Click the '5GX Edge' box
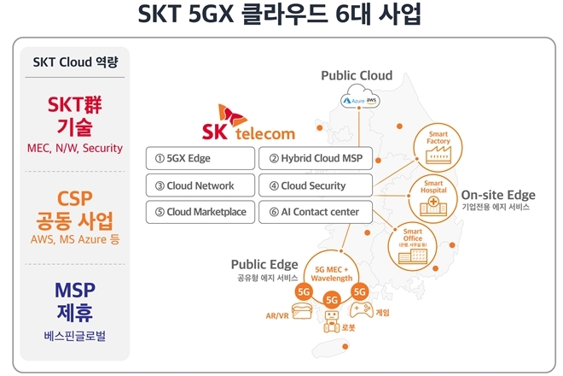tap(200, 158)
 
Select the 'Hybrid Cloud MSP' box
tap(315, 158)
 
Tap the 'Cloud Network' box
tap(200, 185)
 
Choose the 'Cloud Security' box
tap(315, 185)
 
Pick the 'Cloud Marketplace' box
tap(200, 212)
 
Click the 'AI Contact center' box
tap(315, 212)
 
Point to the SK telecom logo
tap(248, 123)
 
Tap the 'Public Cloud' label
tap(357, 76)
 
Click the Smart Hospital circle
tap(432, 194)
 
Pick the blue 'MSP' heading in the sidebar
tap(74, 289)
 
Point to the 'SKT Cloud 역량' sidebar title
tap(74, 62)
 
